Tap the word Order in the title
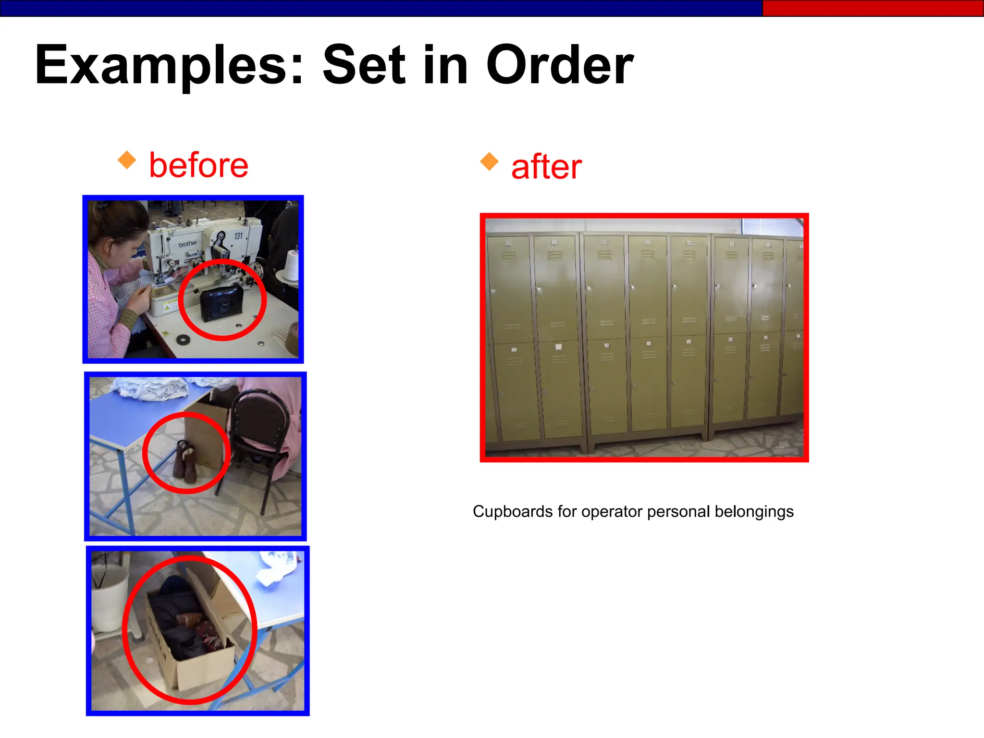point(560,65)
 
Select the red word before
point(198,165)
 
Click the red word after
point(546,167)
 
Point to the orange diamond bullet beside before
point(127,160)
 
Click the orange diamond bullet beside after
point(489,161)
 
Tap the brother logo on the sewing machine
point(188,244)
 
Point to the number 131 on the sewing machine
point(238,236)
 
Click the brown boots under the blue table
point(186,460)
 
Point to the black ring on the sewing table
point(183,340)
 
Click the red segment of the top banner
point(873,8)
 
